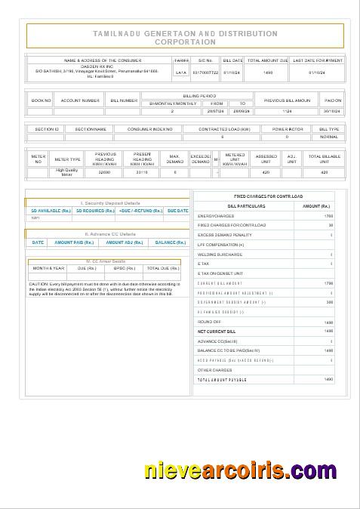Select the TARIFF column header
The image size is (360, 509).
tap(180, 60)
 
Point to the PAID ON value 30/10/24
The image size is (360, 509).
tap(333, 111)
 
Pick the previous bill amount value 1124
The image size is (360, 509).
tap(287, 111)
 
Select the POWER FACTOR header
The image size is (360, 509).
tap(287, 129)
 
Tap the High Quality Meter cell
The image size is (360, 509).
tap(67, 172)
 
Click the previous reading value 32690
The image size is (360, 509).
tap(105, 173)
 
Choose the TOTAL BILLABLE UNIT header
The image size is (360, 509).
tap(325, 159)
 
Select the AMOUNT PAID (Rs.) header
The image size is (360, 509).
tap(74, 242)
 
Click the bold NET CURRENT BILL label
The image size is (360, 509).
tap(217, 331)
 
